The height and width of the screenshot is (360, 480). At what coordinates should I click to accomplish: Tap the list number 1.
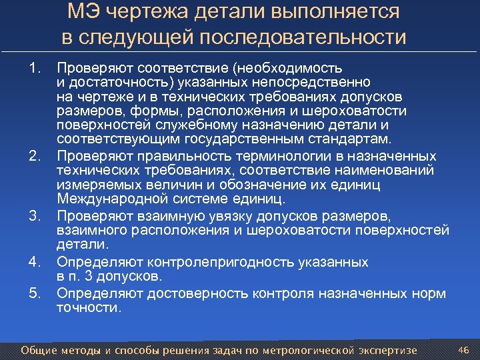(35, 68)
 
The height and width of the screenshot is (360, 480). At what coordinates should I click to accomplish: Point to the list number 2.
(35, 155)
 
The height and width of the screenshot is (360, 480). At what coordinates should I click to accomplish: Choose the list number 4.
(35, 262)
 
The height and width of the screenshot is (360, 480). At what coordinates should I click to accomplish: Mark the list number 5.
(35, 293)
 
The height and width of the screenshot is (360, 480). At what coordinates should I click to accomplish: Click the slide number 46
(464, 349)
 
